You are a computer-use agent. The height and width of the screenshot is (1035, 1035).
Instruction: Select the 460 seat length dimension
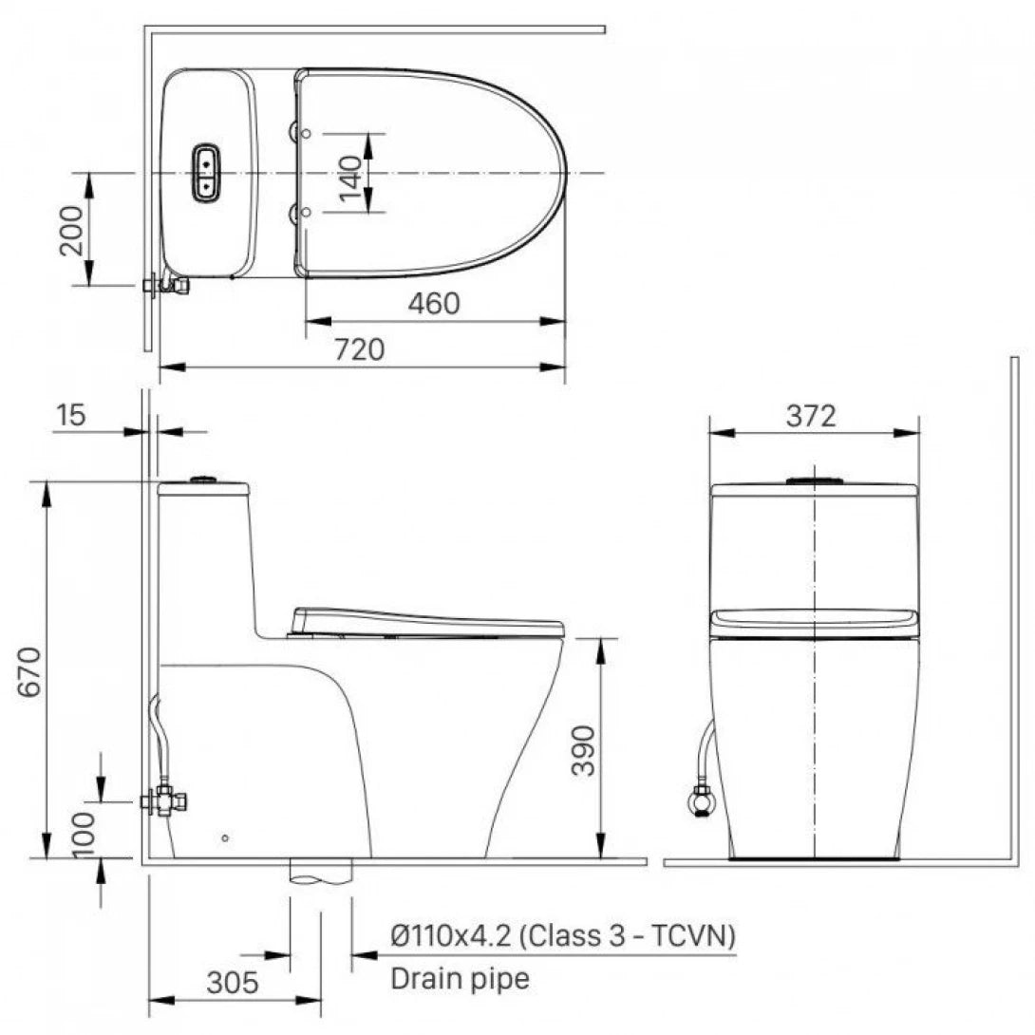433,304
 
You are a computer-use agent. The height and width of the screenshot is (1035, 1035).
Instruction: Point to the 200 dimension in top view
71,230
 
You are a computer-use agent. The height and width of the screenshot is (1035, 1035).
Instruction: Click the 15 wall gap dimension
71,415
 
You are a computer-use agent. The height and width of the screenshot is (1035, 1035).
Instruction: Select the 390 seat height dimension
583,750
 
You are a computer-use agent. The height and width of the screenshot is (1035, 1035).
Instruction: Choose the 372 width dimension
811,416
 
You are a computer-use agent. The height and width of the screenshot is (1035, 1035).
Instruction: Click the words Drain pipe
461,979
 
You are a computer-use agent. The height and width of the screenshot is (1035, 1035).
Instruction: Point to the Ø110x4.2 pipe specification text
563,936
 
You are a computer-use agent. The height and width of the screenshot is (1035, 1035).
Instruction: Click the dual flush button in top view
206,174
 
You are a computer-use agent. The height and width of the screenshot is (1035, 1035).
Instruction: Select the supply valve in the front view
702,802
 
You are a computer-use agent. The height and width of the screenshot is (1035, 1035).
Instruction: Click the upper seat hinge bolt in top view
304,133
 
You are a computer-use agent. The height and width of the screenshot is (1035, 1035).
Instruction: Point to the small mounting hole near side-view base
224,837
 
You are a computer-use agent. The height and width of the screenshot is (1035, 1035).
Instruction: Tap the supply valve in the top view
164,284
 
